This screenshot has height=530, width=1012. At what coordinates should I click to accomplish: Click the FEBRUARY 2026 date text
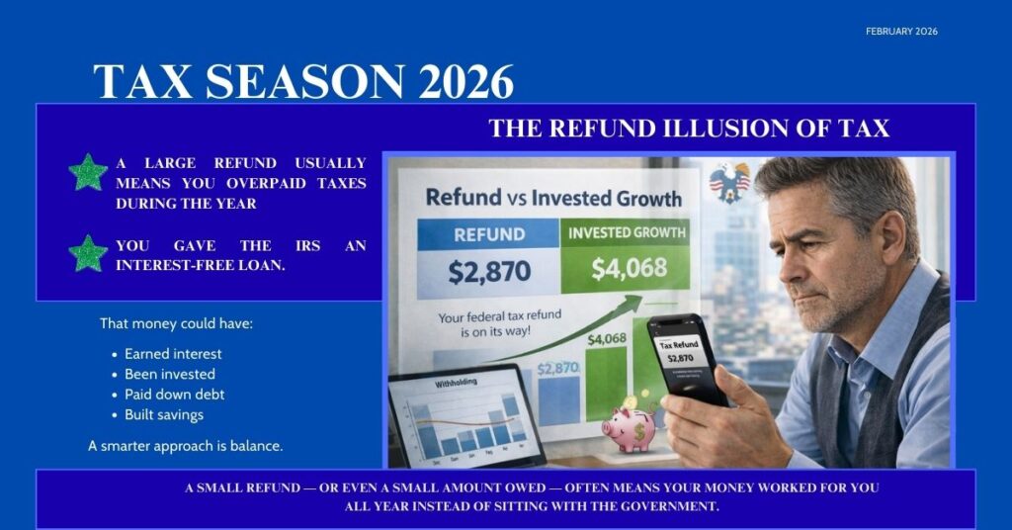901,32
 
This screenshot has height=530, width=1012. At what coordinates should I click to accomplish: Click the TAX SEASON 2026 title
303,81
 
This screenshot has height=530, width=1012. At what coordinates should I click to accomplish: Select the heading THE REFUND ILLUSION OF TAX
689,129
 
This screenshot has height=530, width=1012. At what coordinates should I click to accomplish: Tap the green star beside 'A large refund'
88,172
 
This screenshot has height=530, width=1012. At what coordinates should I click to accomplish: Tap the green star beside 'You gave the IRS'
88,253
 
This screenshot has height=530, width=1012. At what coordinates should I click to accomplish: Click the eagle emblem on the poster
729,182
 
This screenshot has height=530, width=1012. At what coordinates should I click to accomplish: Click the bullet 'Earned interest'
173,354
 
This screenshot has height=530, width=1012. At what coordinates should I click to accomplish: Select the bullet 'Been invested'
170,375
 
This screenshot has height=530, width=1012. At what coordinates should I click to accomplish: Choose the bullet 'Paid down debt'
175,395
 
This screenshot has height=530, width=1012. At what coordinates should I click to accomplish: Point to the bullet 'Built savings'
164,415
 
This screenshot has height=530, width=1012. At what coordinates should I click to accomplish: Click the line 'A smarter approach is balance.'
186,446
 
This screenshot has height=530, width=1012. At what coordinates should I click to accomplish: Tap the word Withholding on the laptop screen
434,381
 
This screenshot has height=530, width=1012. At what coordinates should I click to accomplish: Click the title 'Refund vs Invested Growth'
553,198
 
